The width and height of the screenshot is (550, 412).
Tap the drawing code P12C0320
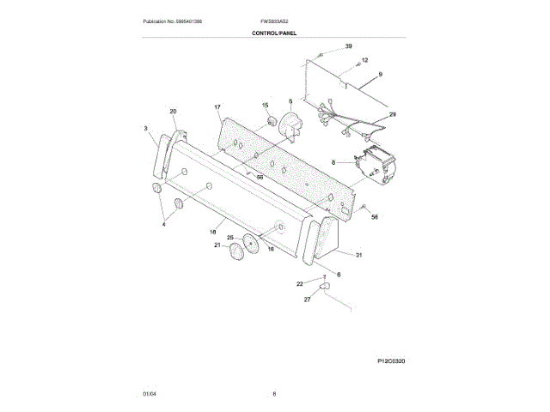(390, 363)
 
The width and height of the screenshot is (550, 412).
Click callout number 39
(349, 45)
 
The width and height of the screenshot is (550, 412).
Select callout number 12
(364, 60)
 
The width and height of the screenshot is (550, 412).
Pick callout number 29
(393, 114)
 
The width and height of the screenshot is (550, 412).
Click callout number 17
(217, 107)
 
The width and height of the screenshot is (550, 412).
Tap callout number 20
(173, 112)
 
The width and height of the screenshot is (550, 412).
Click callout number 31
(358, 255)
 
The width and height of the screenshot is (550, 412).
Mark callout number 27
(307, 300)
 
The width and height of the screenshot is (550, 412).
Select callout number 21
(217, 245)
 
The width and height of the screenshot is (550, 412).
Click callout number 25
(230, 236)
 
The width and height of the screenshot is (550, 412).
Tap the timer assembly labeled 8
(378, 166)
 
